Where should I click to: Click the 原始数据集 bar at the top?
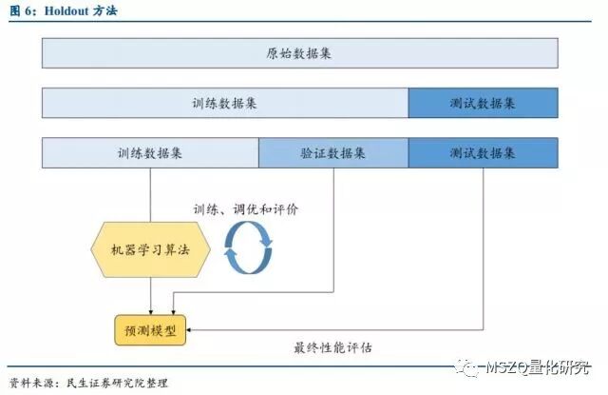tap(299, 53)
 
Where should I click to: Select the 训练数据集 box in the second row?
tap(225, 103)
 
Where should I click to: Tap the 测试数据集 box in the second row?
tap(483, 103)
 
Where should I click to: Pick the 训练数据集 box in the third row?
tap(150, 152)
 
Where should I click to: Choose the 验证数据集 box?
tap(333, 152)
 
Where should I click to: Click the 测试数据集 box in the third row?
tap(483, 152)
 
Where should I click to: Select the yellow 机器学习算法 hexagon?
tap(150, 251)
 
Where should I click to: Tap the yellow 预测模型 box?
tap(150, 331)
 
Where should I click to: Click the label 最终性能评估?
tap(332, 347)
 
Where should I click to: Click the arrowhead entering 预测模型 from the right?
tap(192, 331)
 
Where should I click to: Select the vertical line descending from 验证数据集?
tap(333, 228)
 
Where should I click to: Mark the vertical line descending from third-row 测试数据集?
tap(483, 247)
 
